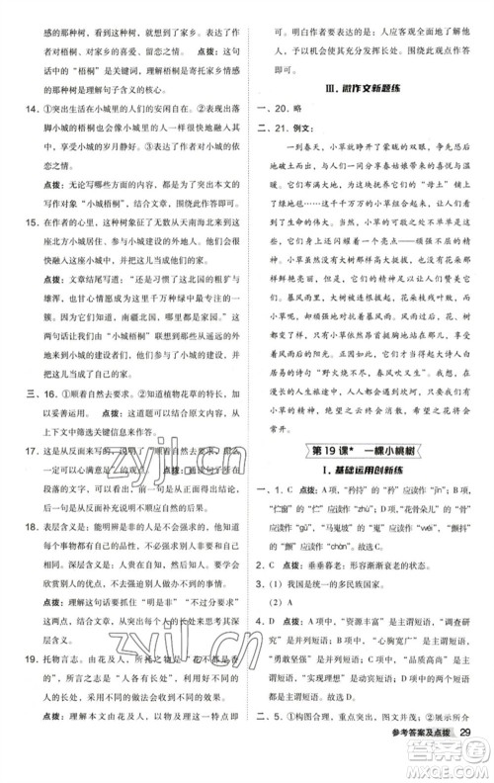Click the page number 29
tap(470, 758)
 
